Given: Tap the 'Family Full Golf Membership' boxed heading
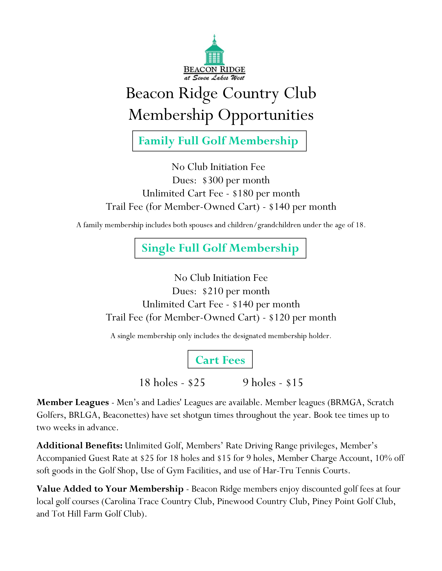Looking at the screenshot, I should point(219,141).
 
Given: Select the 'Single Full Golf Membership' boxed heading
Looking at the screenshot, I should point(220,248).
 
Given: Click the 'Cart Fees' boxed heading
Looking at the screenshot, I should point(220,360).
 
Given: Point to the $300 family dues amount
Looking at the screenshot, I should point(213,180).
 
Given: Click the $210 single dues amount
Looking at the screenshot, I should point(213,291).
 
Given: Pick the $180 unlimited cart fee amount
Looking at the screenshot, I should point(243,193).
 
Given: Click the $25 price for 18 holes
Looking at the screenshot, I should point(196,383).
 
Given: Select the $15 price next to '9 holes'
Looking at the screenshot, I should point(294,383).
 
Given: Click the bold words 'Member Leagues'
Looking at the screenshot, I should point(73,402).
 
